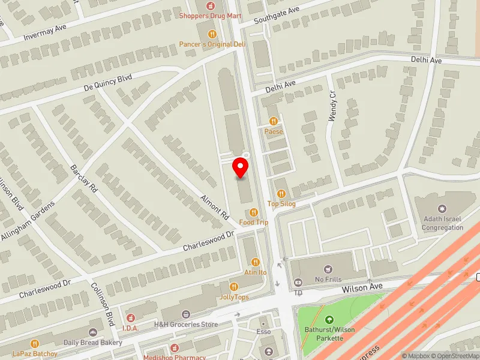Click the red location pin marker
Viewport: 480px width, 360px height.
click(241, 167)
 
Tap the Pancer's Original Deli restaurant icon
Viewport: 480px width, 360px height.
click(211, 34)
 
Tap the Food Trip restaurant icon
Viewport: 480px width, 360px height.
click(254, 212)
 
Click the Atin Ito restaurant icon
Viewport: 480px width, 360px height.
click(255, 262)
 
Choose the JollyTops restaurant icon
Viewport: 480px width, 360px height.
click(234, 287)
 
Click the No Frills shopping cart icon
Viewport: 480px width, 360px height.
click(328, 269)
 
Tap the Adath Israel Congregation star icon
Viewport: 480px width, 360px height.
click(443, 208)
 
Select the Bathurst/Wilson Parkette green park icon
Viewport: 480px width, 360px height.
click(329, 320)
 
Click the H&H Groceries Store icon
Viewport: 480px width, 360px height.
click(186, 314)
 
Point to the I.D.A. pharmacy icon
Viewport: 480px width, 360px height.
click(130, 316)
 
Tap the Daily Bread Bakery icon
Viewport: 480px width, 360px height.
click(93, 332)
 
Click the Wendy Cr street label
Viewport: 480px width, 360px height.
click(333, 106)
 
